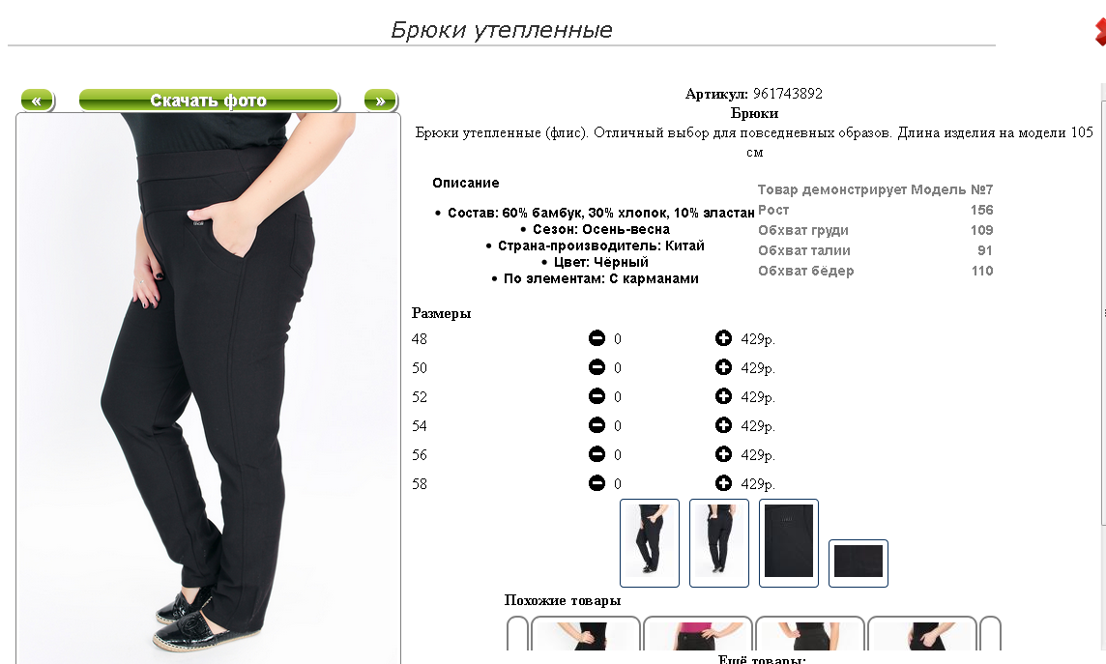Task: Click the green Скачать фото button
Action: [x=209, y=101]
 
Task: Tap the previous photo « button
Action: [x=38, y=101]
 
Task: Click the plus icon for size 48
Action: [x=723, y=338]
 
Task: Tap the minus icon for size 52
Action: [x=597, y=396]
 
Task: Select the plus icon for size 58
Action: [x=723, y=483]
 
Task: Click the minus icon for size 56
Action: [x=597, y=454]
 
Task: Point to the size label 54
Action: [x=420, y=425]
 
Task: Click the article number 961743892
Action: [x=787, y=94]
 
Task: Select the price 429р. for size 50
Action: [x=758, y=368]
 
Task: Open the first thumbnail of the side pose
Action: [x=650, y=543]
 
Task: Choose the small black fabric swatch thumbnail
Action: [x=858, y=563]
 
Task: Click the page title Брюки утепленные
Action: [x=502, y=30]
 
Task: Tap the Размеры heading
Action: [x=442, y=313]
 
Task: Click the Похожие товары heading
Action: [x=562, y=600]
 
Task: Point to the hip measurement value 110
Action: [x=982, y=271]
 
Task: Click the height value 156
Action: [x=982, y=210]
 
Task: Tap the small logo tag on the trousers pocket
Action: [x=199, y=224]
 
